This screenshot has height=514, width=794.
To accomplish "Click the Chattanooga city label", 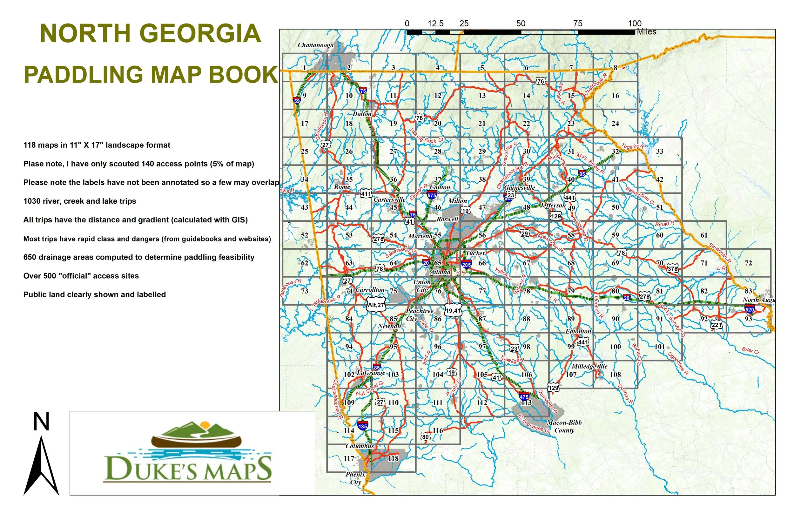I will coord(315,45).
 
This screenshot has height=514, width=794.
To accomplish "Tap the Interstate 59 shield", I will coord(297,100).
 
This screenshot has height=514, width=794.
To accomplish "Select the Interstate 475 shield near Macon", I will coord(524,397).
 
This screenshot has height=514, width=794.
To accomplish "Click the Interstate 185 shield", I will coord(362,426).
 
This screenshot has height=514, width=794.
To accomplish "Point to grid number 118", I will coord(393,458).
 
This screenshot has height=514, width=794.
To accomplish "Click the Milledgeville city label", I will coord(589,366).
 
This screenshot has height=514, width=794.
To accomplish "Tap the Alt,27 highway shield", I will coord(376,305).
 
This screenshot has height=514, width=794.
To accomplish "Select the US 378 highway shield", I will coord(673,269).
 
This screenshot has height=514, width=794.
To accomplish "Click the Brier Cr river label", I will coord(750,350).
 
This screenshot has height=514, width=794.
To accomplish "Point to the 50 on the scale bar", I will coord(521,24).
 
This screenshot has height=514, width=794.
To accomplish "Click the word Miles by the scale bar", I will coord(647,32).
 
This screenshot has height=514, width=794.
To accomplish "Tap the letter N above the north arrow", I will coord(41,422).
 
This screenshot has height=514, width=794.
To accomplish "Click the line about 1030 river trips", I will coord(80,201).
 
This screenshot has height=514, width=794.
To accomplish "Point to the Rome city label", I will coord(342,187).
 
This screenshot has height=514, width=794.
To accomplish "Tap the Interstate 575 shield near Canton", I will coord(431,195).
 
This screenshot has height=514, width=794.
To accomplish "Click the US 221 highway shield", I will coord(716,325).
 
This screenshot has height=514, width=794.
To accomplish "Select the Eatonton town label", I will coord(578,331).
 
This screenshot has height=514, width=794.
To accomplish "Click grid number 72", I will coord(748,263).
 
